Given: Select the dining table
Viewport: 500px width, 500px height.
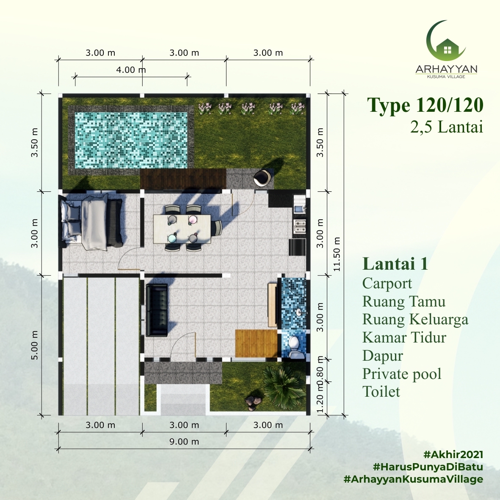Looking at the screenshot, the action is pos(182,229).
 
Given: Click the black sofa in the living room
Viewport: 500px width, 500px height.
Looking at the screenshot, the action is pos(157,310).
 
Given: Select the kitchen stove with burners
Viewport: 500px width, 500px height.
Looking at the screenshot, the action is pos(299,226).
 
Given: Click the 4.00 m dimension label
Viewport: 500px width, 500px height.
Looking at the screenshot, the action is pos(131,70).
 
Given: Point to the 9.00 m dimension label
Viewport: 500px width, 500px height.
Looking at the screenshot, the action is pos(184,442).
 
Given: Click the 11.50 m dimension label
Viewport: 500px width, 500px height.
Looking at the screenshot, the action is pos(337,254).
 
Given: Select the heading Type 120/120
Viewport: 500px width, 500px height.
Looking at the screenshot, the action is pos(425,105).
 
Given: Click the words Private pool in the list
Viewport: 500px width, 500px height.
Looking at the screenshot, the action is pos(402,374).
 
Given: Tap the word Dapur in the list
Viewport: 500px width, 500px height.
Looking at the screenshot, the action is pos(383,356).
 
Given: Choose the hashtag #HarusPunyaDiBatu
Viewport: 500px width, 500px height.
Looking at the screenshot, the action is pos(428,467).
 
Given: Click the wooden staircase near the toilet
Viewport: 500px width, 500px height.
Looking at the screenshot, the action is pos(257,344).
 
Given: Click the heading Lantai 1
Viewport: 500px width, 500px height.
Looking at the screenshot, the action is pos(395,264).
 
